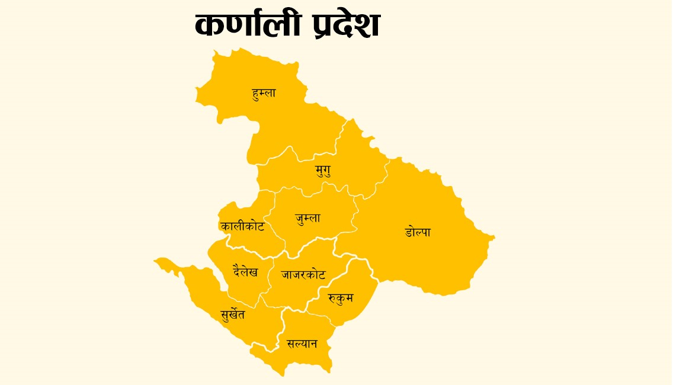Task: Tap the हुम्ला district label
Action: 264,93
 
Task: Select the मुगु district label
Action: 323,171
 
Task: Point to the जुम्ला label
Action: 308,218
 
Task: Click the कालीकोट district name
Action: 242,226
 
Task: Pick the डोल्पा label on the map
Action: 418,232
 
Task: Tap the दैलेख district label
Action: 245,272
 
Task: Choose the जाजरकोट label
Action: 303,275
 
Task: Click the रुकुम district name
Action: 340,298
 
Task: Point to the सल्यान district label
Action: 302,344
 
